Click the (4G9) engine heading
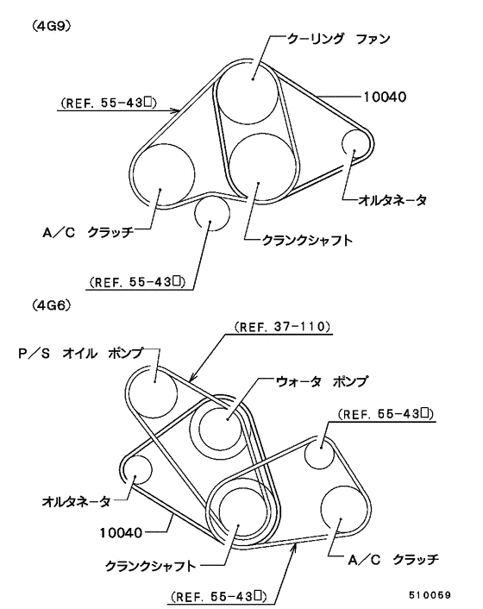pos(51,27)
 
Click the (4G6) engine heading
pos(52,305)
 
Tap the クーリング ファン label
pos(338,39)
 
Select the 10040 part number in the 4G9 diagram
pos(385,97)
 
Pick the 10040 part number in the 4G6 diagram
pos(121,532)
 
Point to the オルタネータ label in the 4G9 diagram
pos(392,200)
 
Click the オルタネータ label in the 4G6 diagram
pos(76,501)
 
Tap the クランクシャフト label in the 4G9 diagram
pos(308,241)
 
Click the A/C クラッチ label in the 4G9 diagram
pos(88,232)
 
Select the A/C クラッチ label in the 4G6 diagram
pos(393,560)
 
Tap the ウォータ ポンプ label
pos(321,381)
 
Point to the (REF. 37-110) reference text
pos(282,327)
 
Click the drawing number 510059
pos(430,595)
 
